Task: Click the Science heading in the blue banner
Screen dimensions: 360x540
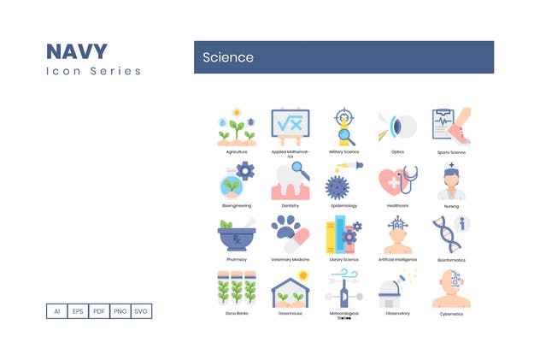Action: (x=228, y=57)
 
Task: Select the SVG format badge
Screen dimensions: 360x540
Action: (x=142, y=311)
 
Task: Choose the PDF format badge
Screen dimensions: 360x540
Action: (x=98, y=311)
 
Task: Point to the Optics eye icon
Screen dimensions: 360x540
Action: (x=397, y=127)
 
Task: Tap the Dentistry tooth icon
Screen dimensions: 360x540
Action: (x=290, y=181)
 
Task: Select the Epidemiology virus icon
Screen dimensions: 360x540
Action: (x=343, y=182)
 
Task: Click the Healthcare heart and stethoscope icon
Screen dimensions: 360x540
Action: (x=397, y=181)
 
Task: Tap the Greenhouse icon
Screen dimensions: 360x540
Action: (x=290, y=289)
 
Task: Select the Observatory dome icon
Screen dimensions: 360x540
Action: (x=397, y=289)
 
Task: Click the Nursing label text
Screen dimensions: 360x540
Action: (x=451, y=206)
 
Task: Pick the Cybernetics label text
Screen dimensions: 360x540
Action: (x=451, y=314)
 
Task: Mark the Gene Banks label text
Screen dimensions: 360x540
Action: (x=237, y=314)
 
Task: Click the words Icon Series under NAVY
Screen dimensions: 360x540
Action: (x=94, y=71)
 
